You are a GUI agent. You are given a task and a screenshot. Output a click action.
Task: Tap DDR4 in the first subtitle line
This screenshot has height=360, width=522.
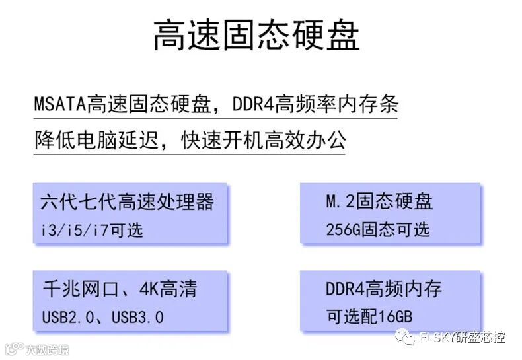(254, 105)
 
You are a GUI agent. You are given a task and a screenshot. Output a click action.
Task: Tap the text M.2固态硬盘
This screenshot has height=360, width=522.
(379, 201)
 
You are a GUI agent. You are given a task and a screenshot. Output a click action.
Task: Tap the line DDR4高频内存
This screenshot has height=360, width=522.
(384, 289)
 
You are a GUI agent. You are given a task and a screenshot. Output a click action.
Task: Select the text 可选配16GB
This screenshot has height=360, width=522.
(369, 317)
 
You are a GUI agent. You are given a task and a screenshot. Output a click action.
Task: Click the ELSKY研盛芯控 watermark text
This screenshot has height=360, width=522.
(463, 338)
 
